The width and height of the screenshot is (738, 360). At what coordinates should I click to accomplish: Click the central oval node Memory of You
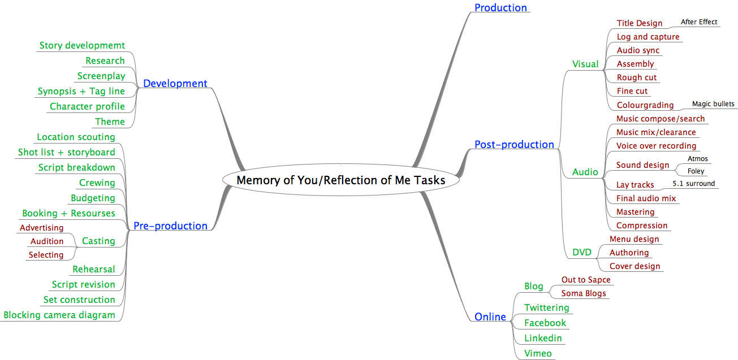click(340, 180)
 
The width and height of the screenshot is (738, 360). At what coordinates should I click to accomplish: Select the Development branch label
click(175, 84)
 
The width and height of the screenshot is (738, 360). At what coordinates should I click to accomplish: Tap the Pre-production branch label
click(170, 226)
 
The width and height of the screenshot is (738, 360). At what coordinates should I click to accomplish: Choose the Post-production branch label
click(514, 145)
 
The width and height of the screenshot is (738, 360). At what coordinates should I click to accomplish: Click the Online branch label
click(490, 317)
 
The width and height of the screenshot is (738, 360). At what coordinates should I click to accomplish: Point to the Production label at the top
click(500, 8)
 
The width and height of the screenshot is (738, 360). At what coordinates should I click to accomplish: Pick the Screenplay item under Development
click(101, 76)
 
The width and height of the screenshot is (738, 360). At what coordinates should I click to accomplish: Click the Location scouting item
click(76, 137)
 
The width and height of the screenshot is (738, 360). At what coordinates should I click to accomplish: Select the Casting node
click(98, 241)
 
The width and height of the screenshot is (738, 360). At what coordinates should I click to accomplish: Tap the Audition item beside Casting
click(47, 241)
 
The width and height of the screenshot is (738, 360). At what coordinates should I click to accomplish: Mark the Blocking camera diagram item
click(59, 315)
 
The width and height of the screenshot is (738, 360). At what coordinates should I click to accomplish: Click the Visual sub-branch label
click(585, 64)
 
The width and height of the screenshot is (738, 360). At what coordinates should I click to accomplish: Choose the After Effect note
click(698, 22)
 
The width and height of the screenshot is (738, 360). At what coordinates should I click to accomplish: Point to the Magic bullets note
click(713, 104)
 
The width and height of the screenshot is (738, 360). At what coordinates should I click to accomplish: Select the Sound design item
click(642, 165)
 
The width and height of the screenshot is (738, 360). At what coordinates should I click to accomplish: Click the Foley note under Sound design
click(696, 171)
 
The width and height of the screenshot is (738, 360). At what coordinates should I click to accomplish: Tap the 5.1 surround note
click(693, 184)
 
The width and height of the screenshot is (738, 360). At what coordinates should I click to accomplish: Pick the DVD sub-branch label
click(581, 252)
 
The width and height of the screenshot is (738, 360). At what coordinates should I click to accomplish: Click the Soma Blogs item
click(583, 293)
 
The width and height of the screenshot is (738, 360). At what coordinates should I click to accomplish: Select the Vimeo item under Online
click(537, 353)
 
